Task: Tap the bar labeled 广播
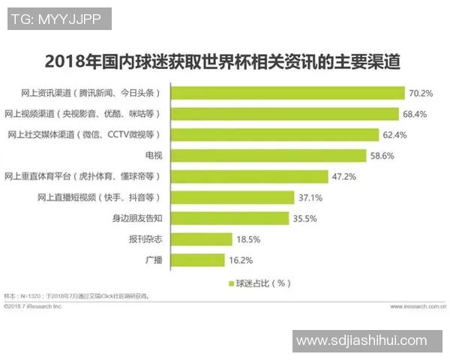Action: (198, 260)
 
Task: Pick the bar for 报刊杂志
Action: (201, 239)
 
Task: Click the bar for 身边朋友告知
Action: (230, 218)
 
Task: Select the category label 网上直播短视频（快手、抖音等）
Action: (99, 197)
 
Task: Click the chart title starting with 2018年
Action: (223, 61)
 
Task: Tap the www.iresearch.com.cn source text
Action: (417, 307)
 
